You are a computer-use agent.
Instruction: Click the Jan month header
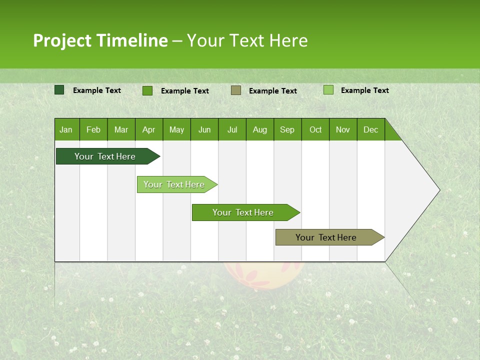click(66, 129)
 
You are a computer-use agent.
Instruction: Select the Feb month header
click(93, 129)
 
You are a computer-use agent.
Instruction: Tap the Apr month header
click(148, 129)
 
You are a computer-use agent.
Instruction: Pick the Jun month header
click(204, 129)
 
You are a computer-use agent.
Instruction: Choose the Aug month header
click(259, 129)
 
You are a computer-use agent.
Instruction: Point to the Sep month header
click(287, 129)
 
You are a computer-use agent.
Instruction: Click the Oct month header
click(315, 129)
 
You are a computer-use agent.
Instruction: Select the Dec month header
click(370, 129)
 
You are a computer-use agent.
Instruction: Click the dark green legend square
click(59, 90)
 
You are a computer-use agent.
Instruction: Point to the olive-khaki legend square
click(236, 90)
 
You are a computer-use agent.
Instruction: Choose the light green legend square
click(328, 90)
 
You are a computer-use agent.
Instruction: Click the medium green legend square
click(147, 90)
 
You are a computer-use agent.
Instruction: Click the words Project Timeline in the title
click(100, 40)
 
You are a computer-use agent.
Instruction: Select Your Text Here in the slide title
click(247, 40)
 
